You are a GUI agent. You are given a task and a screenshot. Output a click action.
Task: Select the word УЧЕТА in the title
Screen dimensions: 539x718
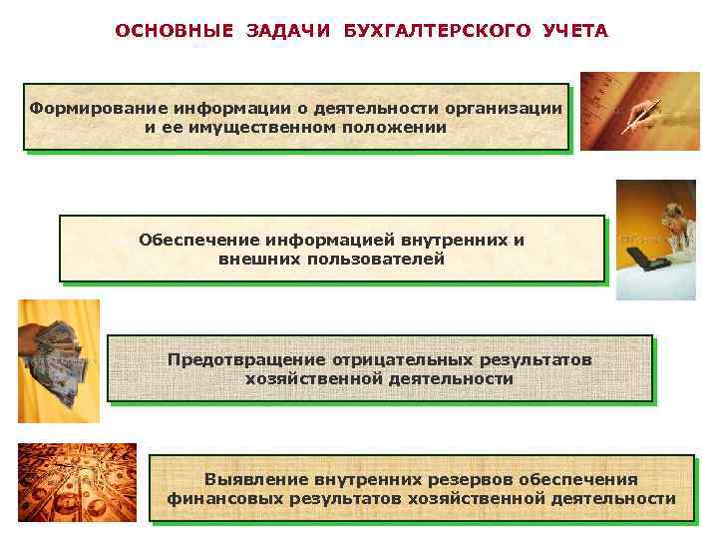pos(575,31)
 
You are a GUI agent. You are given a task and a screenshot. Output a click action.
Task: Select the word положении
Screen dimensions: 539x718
pos(391,127)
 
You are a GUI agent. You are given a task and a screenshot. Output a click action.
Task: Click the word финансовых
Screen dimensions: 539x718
pos(210,498)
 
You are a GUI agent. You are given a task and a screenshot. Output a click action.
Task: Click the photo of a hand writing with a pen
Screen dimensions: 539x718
pos(639,111)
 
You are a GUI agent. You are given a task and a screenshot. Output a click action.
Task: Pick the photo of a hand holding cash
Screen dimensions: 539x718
pos(58,360)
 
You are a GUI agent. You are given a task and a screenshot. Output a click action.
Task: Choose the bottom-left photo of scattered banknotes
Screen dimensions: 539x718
pos(77,482)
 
